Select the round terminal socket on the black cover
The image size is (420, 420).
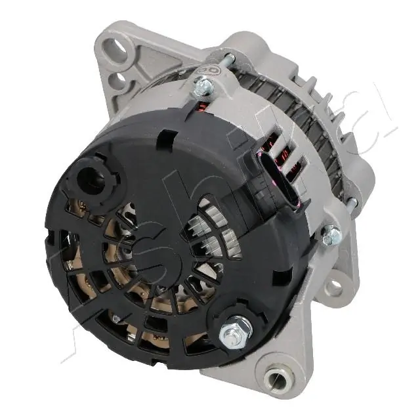point(91,181)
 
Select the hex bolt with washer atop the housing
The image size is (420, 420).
point(204,85)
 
